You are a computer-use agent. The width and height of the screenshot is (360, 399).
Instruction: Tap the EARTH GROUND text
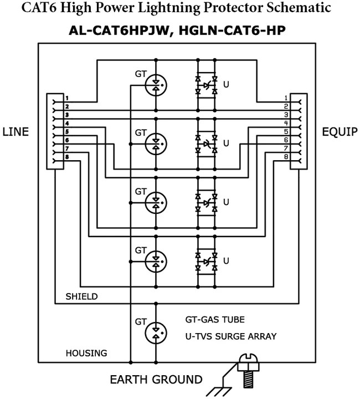[x=156, y=380]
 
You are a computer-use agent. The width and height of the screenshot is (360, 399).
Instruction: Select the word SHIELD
[x=81, y=296]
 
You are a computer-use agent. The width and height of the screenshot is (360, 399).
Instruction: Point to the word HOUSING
[x=86, y=353]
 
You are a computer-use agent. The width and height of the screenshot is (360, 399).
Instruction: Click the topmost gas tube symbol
[x=156, y=84]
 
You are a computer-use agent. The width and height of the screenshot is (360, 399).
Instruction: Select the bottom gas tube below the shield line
[x=156, y=332]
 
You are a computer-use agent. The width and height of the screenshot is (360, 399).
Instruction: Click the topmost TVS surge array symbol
[x=206, y=85]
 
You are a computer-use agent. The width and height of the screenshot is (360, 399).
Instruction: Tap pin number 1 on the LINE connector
[x=66, y=99]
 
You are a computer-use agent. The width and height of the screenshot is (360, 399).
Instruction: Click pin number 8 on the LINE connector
[x=66, y=157]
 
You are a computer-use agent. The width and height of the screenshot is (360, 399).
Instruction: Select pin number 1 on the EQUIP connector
[x=286, y=99]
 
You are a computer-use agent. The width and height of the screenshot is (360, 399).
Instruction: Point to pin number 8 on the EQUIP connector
[x=286, y=157]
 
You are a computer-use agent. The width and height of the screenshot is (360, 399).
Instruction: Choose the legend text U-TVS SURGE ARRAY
[x=231, y=336]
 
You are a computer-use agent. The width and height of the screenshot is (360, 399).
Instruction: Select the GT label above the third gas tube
[x=141, y=191]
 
